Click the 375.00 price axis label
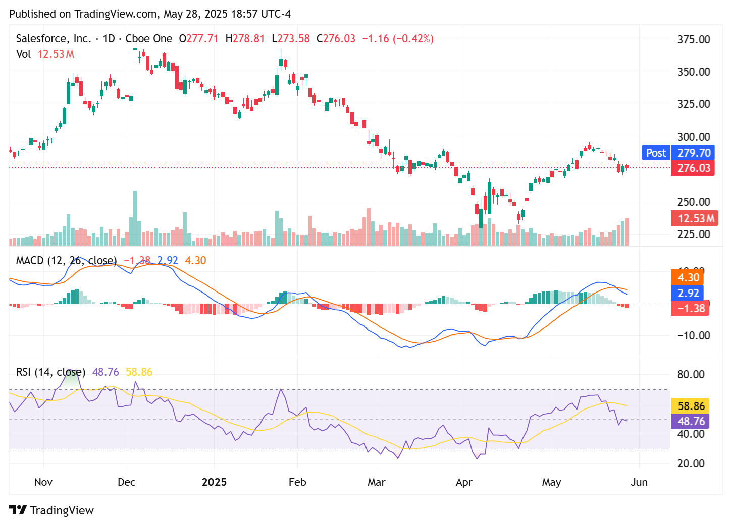(693, 39)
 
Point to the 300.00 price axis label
(693, 137)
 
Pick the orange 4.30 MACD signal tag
(688, 277)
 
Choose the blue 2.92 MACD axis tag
(688, 293)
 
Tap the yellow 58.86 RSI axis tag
(691, 406)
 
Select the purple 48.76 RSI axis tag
(691, 421)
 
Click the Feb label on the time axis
(297, 482)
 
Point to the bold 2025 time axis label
(214, 482)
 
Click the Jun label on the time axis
(639, 482)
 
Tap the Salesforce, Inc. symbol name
(53, 39)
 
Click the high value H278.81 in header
(245, 39)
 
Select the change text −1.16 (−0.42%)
(398, 39)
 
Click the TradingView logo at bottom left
(51, 510)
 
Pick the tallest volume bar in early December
(135, 218)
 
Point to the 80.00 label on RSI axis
(691, 374)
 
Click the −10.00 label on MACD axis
(691, 335)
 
